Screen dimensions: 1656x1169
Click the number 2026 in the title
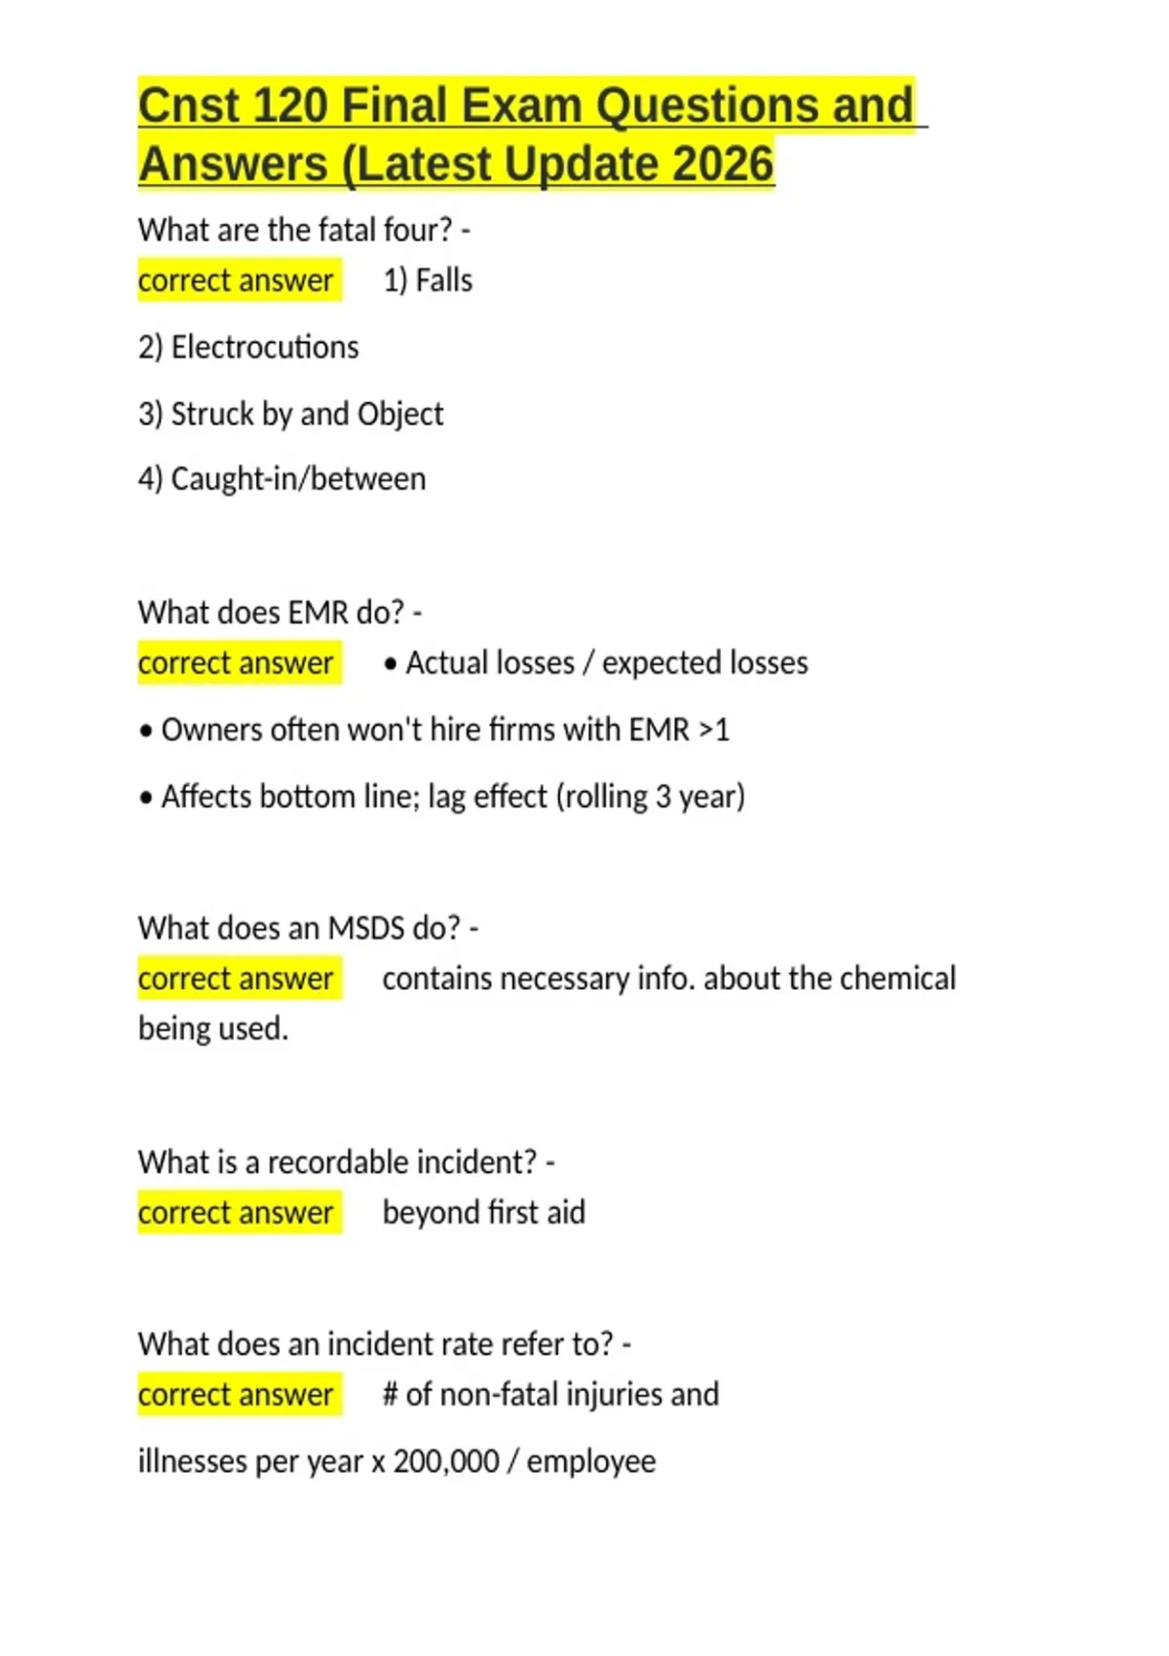(x=722, y=164)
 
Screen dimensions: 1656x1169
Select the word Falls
(x=444, y=281)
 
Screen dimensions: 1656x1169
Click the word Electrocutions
(x=265, y=347)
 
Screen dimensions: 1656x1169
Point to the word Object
(x=400, y=414)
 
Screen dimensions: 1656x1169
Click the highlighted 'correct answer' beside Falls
(x=237, y=281)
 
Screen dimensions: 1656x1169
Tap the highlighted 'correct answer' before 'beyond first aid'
(x=237, y=1213)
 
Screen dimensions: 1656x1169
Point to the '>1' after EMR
(x=714, y=730)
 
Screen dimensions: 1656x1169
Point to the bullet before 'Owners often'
(x=146, y=731)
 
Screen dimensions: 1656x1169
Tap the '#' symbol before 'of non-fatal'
(x=390, y=1395)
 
